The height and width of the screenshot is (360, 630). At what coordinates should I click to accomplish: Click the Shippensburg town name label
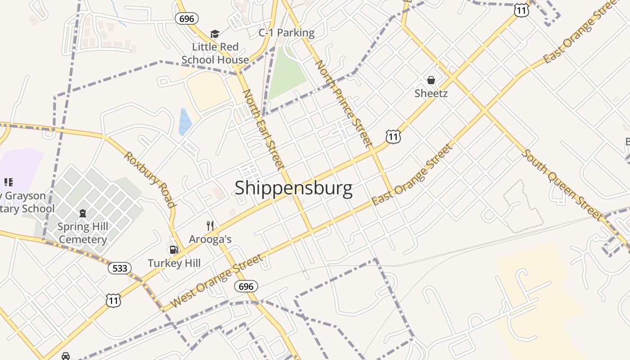point(293,188)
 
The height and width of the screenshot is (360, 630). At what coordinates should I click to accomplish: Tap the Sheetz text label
point(431,94)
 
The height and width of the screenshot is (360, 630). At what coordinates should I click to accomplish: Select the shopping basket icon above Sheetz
point(431,80)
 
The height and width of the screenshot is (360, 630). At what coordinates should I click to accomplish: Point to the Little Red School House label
point(215,53)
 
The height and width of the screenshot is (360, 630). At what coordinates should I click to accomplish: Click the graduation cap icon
point(215,34)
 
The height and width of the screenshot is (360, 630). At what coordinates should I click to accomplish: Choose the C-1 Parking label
point(286,33)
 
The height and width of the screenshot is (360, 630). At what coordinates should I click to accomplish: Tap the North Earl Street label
point(264,129)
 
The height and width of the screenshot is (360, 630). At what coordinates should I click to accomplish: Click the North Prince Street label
point(344,103)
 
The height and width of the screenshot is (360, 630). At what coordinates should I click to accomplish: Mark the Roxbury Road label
point(149,180)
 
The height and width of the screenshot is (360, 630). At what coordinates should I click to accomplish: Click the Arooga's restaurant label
point(210,239)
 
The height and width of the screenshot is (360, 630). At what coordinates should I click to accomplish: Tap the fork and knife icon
point(210,225)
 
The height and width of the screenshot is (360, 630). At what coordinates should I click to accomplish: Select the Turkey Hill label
point(174,263)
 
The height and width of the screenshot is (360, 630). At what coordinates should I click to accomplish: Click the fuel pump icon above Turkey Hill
point(174,250)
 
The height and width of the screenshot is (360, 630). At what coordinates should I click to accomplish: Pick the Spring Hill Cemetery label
point(83,233)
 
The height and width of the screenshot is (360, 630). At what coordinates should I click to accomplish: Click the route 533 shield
point(119,269)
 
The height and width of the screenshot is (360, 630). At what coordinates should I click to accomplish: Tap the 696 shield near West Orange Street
point(246,286)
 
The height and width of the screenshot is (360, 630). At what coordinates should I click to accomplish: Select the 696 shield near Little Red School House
point(186,18)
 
